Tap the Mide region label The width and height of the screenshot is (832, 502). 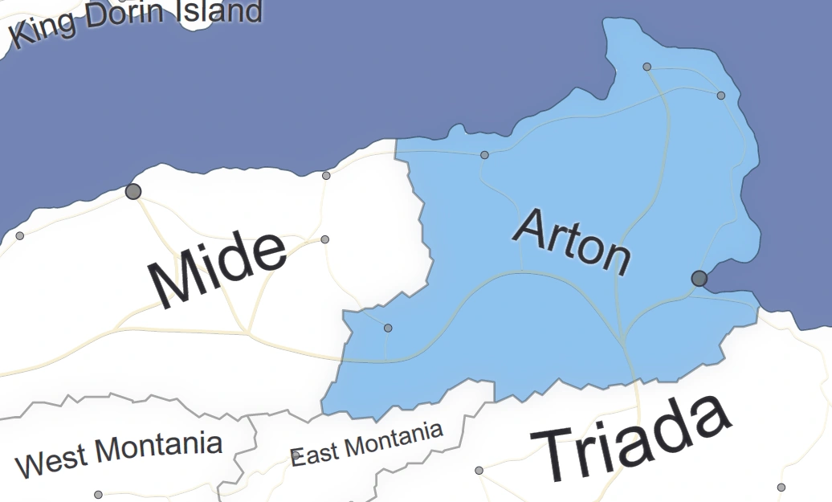point(217,271)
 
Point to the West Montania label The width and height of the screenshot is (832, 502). point(119,455)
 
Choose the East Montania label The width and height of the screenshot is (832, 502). point(366,443)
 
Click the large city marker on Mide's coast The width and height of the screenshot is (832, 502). point(133,191)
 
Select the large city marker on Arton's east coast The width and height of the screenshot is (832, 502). point(699,278)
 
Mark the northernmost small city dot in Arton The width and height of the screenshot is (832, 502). point(647,67)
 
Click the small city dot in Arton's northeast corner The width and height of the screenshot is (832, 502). point(721,96)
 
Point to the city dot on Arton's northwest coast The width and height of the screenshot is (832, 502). point(484,155)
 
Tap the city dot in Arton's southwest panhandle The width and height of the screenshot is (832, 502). point(388,328)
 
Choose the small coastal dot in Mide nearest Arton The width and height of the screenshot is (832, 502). point(326,175)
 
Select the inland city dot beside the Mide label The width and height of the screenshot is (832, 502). point(325,239)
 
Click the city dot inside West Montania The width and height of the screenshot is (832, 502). point(99,495)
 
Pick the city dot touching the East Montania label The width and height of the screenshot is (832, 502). point(296,455)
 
